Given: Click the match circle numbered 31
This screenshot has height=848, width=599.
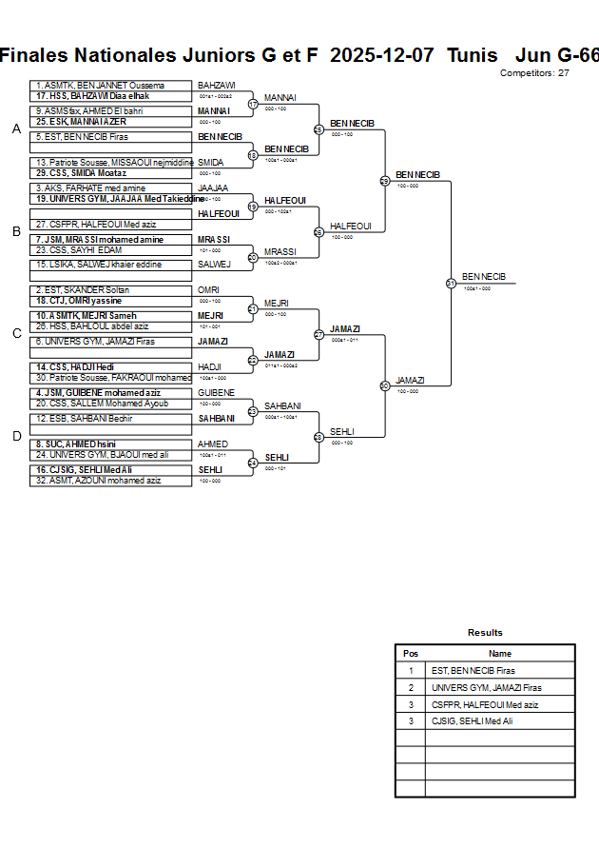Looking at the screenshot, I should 451,283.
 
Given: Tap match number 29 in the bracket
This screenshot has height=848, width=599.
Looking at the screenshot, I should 385,181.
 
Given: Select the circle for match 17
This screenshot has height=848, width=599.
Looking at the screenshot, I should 253,104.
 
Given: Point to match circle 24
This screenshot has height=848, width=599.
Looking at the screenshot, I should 253,463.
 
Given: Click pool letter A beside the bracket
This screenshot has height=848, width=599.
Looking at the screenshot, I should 16,129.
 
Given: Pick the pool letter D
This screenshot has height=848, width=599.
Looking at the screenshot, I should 16,436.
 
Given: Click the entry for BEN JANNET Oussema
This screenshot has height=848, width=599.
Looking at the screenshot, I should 100,86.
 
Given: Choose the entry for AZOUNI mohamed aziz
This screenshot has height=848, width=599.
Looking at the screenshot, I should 99,481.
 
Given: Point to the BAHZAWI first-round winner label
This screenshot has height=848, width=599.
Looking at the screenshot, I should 216,86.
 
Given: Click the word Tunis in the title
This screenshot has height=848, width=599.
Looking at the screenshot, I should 472,55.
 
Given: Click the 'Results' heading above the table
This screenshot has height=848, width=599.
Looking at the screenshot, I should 485,633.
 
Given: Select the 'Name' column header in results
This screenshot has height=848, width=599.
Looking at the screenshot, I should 499,654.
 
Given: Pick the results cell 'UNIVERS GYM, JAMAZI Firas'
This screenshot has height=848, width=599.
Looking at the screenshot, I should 486,687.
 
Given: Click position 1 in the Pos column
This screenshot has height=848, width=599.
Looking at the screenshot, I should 411,670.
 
